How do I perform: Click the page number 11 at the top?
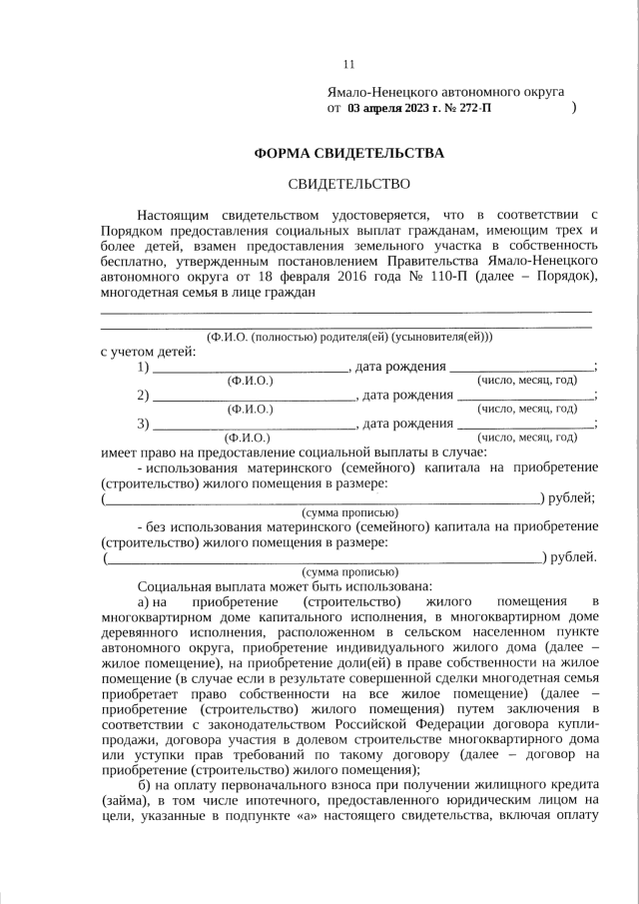(348, 65)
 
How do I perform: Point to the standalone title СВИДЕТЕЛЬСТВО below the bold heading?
(348, 184)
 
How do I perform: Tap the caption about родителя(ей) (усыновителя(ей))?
(348, 338)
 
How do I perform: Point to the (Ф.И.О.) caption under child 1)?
(251, 381)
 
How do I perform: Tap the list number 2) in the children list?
(144, 396)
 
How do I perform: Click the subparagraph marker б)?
(145, 785)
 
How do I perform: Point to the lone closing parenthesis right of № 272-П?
(574, 106)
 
